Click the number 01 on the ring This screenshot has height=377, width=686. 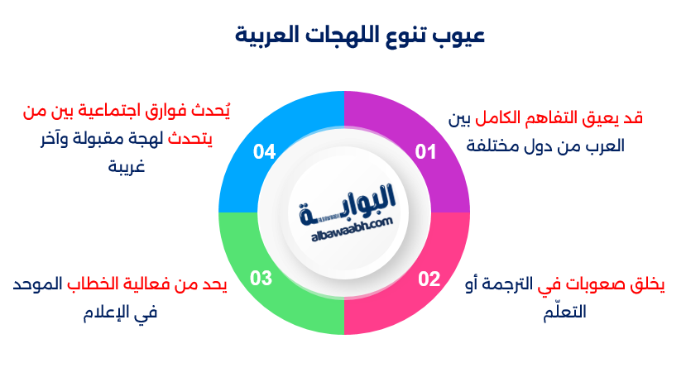(x=425, y=152)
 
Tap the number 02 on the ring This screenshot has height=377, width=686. (x=429, y=279)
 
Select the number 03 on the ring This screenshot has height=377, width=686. (x=261, y=279)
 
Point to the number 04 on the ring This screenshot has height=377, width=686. (x=264, y=152)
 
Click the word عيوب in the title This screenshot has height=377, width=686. (x=463, y=37)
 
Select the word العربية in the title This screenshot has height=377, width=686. (x=268, y=37)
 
